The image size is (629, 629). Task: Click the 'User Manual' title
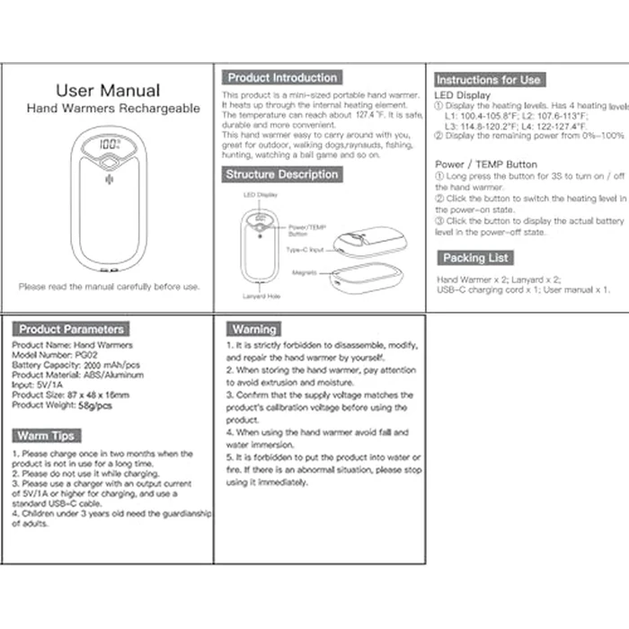108,91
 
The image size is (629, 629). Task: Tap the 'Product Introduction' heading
282,78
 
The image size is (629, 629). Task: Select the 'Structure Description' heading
281,174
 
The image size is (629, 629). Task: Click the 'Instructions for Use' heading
488,80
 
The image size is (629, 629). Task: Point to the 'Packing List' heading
475,258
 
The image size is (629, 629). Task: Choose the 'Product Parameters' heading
72,330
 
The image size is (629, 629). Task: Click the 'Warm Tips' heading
45,436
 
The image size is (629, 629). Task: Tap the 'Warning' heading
254,330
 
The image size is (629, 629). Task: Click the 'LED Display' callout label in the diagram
261,194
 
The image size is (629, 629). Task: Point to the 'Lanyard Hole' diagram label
261,296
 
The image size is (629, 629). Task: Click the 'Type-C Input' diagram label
304,249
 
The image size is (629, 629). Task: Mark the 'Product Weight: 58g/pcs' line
62,405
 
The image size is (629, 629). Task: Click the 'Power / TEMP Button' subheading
485,164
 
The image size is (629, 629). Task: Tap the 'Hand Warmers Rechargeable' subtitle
113,109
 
